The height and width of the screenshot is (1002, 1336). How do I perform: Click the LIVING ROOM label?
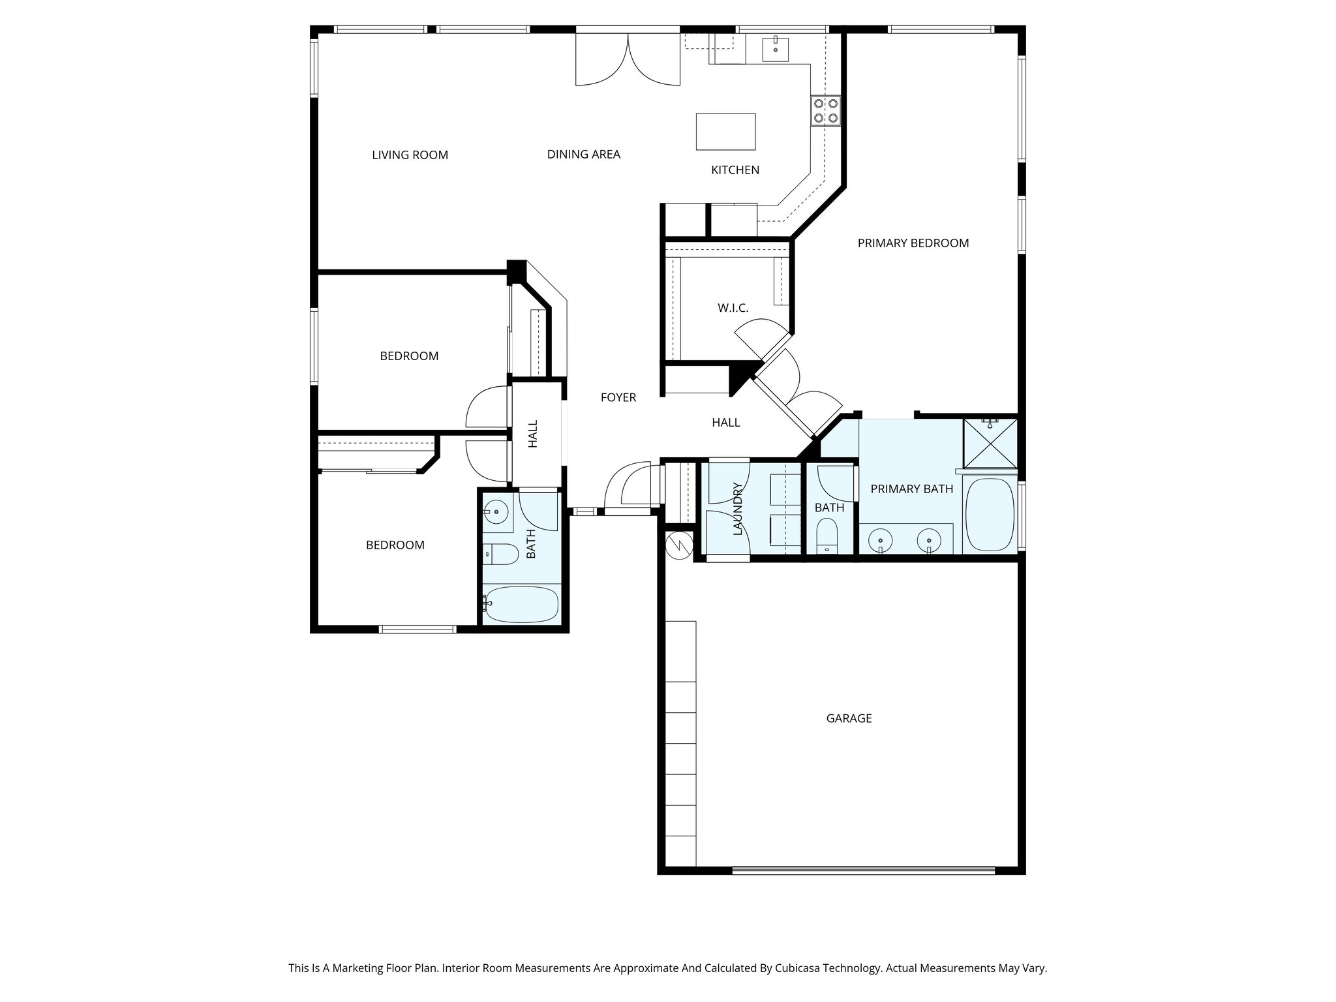click(x=410, y=155)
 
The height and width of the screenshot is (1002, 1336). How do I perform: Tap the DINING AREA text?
click(x=583, y=155)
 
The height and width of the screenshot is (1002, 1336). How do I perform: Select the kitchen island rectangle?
click(x=725, y=132)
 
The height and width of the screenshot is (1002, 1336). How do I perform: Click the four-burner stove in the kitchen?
click(x=825, y=111)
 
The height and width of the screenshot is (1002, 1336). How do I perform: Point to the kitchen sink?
click(x=776, y=49)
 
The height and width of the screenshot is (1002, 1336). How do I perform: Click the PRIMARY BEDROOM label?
click(x=913, y=243)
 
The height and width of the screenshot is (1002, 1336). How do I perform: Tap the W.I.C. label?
click(x=733, y=308)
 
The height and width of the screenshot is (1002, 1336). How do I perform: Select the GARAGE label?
click(x=849, y=718)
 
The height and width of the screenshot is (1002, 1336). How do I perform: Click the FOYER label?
click(x=618, y=397)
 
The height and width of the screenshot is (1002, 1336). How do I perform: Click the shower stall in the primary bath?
click(x=990, y=444)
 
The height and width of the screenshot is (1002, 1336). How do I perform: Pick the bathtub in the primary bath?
click(x=990, y=515)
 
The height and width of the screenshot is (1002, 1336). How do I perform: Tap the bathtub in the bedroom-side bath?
click(x=522, y=604)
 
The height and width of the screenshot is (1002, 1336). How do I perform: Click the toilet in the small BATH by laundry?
click(x=827, y=535)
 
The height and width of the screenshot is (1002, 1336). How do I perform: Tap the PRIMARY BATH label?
click(x=911, y=489)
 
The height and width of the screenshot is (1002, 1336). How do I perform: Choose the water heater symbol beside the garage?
click(x=678, y=543)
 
